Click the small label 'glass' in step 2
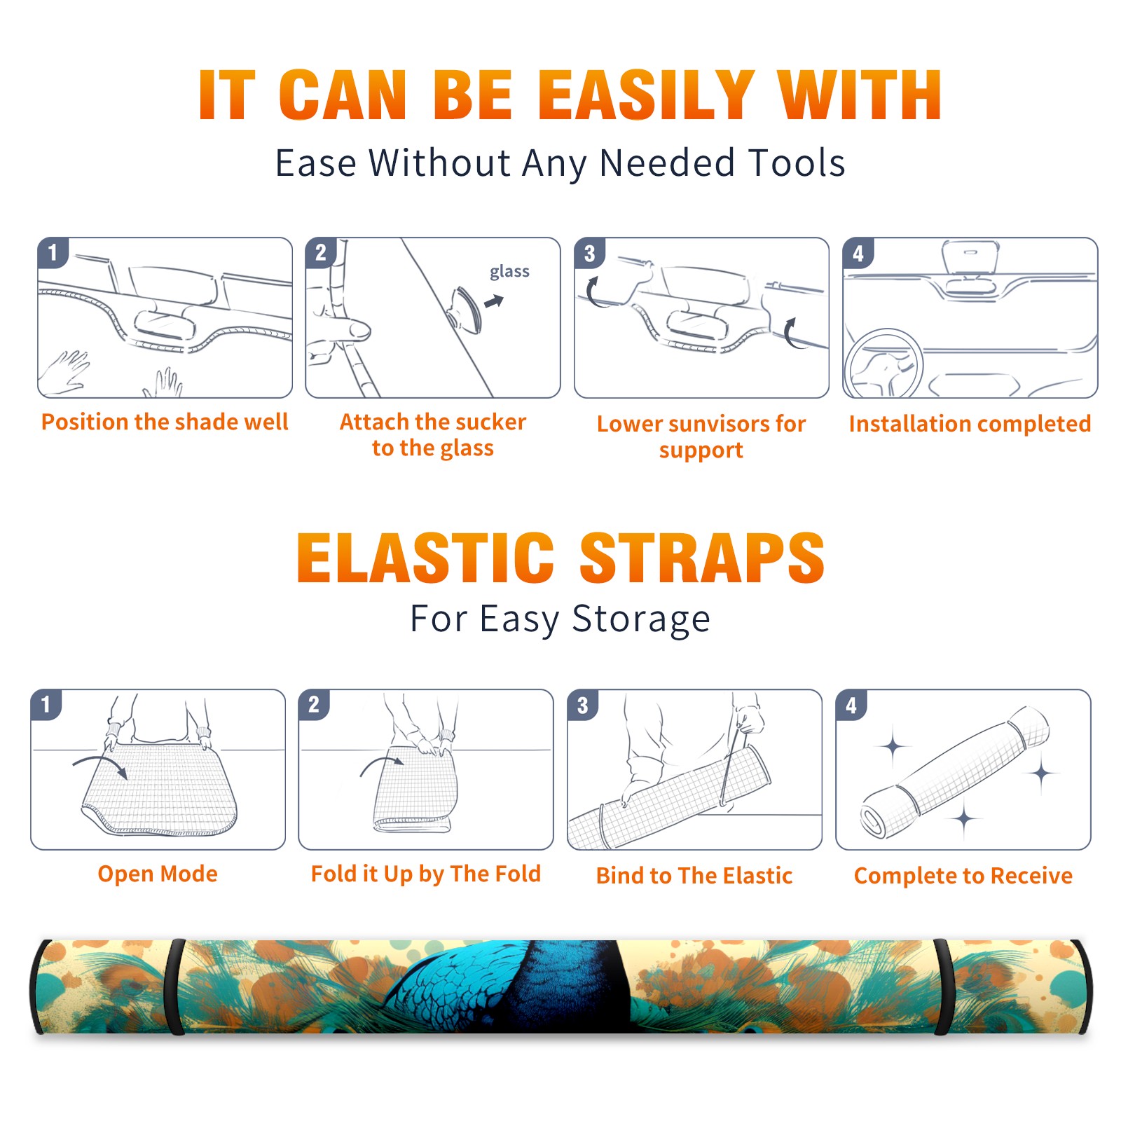[509, 272]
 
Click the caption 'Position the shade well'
[165, 422]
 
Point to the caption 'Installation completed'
[970, 423]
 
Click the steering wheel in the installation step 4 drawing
[883, 364]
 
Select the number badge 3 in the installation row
[589, 254]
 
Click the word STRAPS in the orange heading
[702, 558]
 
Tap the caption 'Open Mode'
[158, 874]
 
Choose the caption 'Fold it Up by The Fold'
[426, 874]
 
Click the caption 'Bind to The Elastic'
[694, 876]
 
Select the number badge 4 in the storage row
[851, 705]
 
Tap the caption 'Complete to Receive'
[963, 876]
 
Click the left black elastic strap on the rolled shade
[175, 986]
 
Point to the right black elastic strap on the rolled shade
[943, 986]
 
